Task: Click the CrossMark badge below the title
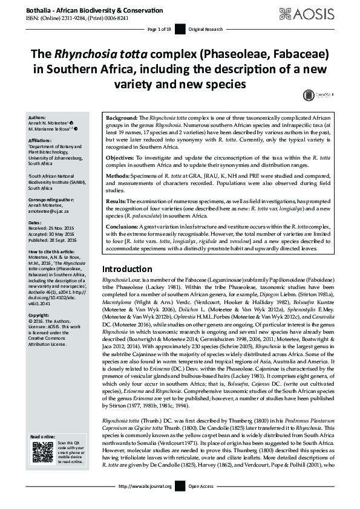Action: tap(309, 94)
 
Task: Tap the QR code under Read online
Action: tap(42, 452)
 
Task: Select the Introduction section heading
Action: tap(128, 268)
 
